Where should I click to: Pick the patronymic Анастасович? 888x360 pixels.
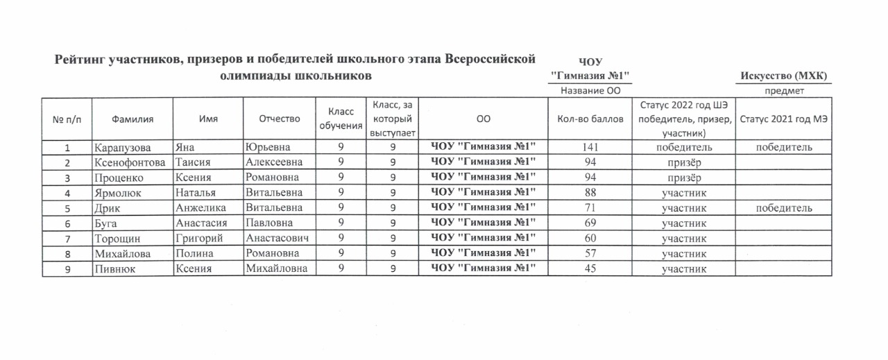277,239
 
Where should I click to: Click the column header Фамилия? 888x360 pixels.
133,119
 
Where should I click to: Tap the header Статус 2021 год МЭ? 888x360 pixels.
784,119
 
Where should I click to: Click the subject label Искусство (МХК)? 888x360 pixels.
784,76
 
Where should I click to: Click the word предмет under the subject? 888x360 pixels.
784,91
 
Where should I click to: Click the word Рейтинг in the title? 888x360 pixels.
82,60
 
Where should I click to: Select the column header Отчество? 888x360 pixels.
279,119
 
